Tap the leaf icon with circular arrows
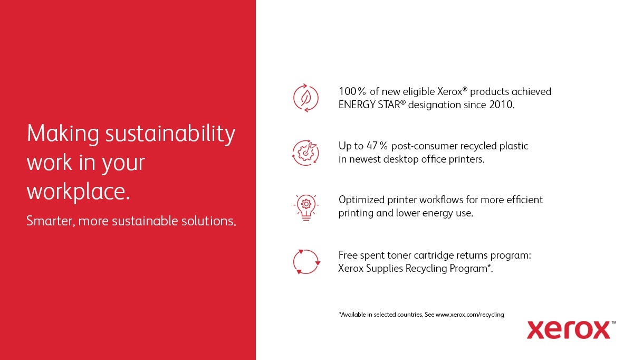coord(306,98)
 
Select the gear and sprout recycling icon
coord(306,153)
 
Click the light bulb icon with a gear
coord(306,207)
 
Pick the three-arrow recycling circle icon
coord(306,262)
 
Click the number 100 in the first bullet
coord(347,92)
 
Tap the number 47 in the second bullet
coord(372,146)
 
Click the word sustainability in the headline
coord(170,134)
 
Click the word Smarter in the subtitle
coord(50,221)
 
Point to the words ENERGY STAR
coord(369,105)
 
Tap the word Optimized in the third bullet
coord(362,200)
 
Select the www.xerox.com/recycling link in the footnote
coord(469,315)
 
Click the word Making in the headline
coord(63,134)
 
